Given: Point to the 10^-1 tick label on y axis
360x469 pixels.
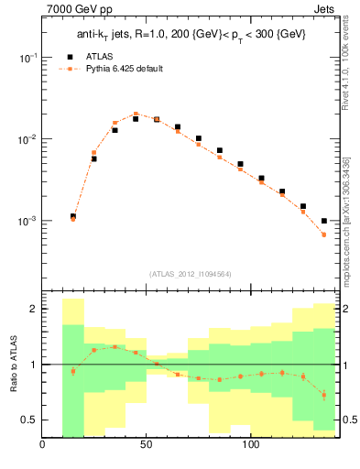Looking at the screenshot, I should [x=27, y=57].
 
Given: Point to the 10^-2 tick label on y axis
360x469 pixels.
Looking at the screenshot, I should [x=27, y=139].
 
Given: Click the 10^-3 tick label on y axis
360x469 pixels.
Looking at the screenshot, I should [x=27, y=222].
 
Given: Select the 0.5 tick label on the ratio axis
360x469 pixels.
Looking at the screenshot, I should [x=29, y=420].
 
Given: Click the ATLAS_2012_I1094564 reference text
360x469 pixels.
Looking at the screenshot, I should [x=190, y=273].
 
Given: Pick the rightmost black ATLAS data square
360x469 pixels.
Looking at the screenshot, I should [x=324, y=221].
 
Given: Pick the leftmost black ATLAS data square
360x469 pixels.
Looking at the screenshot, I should [x=73, y=217].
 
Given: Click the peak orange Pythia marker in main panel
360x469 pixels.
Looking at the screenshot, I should [x=136, y=114].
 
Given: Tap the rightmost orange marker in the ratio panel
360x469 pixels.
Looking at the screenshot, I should [x=324, y=395].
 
